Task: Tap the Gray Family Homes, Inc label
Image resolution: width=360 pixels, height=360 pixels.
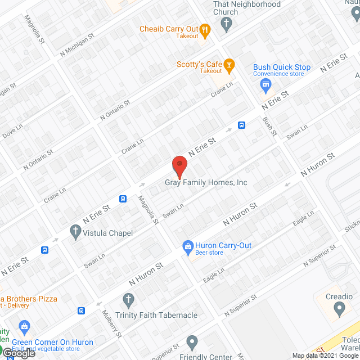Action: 206,182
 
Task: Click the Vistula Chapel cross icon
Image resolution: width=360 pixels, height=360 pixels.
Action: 75,231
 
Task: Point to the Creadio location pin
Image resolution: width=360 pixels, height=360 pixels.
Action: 339,308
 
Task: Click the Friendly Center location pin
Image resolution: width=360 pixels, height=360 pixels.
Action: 192,342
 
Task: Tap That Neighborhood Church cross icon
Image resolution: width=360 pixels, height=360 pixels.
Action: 226,24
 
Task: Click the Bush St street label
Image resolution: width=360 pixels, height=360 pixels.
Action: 271,127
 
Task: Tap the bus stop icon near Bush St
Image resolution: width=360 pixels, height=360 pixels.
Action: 241,125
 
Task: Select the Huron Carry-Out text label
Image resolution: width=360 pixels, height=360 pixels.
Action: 223,245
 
